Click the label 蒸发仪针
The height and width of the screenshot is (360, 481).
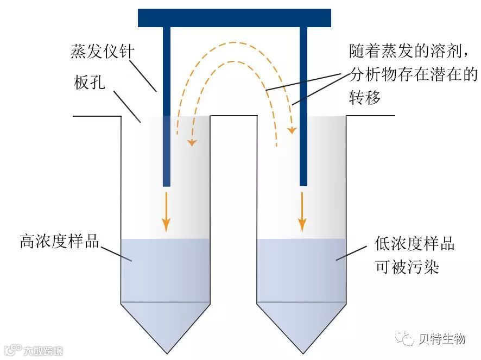coord(102,52)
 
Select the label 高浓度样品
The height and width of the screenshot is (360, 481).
coord(60,241)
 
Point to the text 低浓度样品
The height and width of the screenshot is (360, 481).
coord(414,243)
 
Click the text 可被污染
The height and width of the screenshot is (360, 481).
coord(407,267)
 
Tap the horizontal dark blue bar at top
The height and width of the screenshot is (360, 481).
coord(234,18)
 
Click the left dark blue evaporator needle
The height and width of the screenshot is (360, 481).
coord(167,109)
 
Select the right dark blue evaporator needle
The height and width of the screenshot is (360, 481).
coord(303,109)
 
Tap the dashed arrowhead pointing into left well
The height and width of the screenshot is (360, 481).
coord(192,142)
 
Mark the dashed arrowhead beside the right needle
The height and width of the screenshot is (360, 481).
coord(292,130)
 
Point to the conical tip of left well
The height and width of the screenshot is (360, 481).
coord(165,329)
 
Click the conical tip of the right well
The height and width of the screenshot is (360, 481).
coord(301,329)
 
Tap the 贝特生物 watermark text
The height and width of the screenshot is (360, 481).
coord(442,339)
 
